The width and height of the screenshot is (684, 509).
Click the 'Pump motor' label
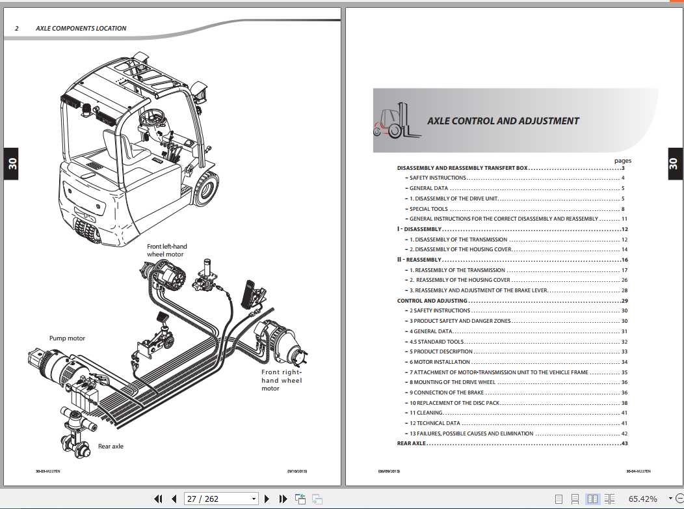[x=67, y=338]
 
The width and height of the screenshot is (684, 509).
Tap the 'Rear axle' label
[x=111, y=447]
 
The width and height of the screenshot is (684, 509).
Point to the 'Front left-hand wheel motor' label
[x=166, y=250]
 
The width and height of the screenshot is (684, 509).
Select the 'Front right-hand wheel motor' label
[x=282, y=380]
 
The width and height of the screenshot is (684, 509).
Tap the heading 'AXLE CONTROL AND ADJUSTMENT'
[x=503, y=121]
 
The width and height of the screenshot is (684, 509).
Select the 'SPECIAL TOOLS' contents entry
[x=428, y=209]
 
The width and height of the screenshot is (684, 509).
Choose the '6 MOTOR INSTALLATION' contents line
[x=440, y=362]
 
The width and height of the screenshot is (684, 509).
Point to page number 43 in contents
[x=624, y=444]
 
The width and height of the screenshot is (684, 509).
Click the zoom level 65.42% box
[x=642, y=499]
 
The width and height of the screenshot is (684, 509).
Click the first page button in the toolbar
[x=158, y=499]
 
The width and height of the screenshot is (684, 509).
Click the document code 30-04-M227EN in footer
[x=638, y=471]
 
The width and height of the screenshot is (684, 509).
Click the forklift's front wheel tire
[x=205, y=187]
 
